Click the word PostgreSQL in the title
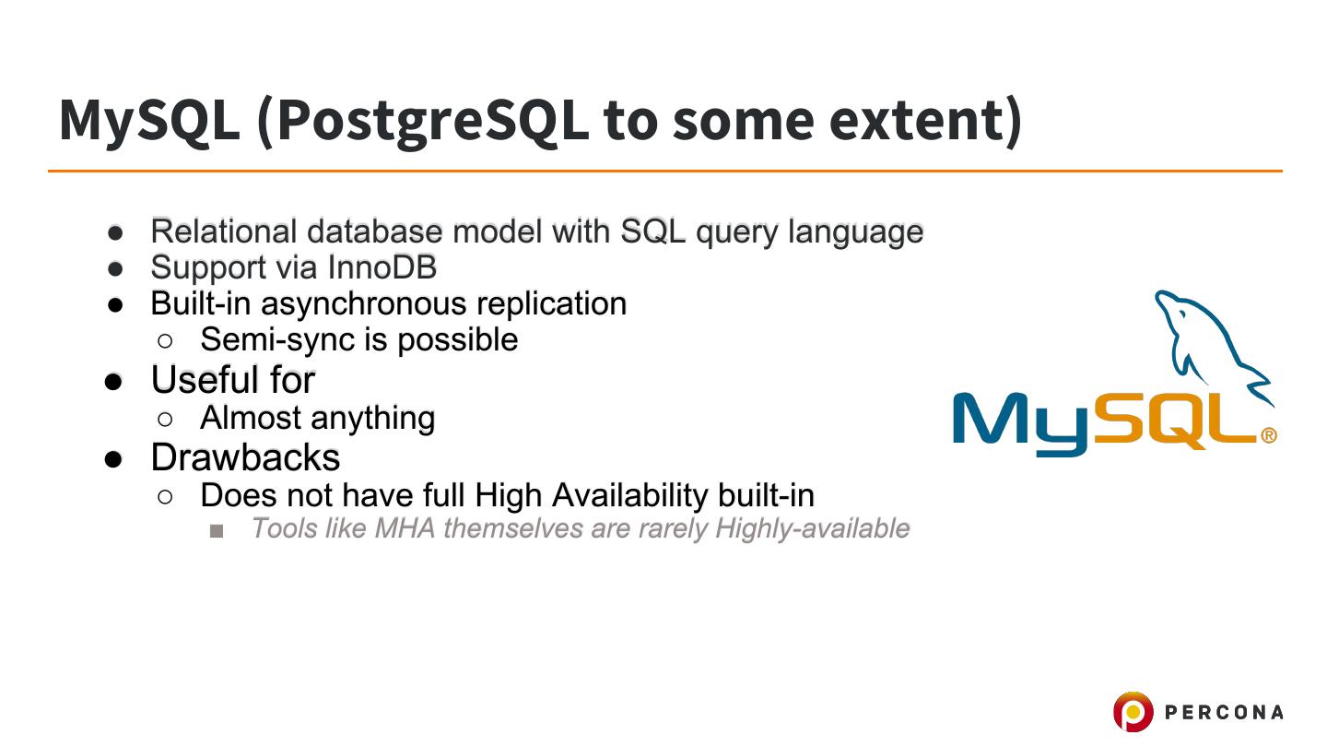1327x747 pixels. pyautogui.click(x=432, y=122)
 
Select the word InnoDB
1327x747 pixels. pyautogui.click(x=382, y=267)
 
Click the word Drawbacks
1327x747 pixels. pyautogui.click(x=245, y=457)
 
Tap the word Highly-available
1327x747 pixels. pyautogui.click(x=812, y=529)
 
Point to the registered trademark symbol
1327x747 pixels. pyautogui.click(x=1268, y=436)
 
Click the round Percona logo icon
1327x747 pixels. pyautogui.click(x=1133, y=711)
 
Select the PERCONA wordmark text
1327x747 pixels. pyautogui.click(x=1224, y=712)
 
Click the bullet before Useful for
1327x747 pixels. pyautogui.click(x=113, y=382)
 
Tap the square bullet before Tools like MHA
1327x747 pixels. pyautogui.click(x=217, y=530)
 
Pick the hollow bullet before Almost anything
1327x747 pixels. pyautogui.click(x=165, y=420)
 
